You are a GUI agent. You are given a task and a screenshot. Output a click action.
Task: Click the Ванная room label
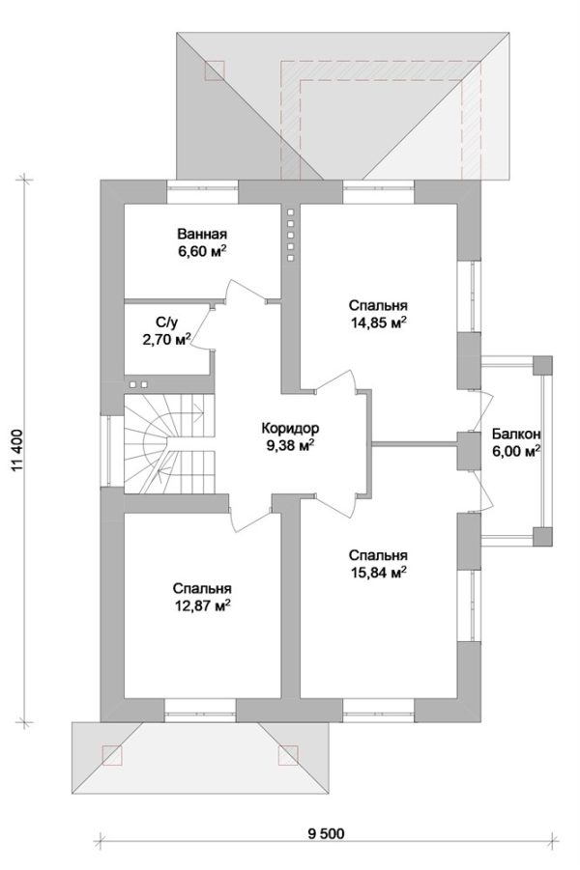202,234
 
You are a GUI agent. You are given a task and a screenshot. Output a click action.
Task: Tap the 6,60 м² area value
202,251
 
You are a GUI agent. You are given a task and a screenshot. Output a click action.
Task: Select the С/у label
166,322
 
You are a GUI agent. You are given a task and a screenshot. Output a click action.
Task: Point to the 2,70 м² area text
166,339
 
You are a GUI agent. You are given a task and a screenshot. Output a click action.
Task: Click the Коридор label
290,429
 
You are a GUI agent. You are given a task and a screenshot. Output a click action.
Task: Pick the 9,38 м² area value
290,445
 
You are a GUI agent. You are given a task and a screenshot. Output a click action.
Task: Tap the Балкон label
516,434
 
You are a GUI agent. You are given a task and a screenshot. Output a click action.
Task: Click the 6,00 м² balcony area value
516,451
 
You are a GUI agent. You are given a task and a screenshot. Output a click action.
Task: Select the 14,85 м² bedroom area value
378,323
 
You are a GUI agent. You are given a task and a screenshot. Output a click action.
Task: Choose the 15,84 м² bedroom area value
378,573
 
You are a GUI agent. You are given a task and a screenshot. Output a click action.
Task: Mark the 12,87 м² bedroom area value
202,605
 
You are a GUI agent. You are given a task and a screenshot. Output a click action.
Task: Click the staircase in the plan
169,443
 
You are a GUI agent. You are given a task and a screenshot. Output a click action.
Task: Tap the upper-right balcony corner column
542,365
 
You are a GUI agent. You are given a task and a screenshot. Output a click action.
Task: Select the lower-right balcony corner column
542,537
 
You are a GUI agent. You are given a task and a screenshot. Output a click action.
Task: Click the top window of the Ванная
203,192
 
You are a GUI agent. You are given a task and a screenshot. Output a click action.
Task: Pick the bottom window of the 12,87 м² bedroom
200,710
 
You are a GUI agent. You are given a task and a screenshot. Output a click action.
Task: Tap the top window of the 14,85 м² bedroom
378,192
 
